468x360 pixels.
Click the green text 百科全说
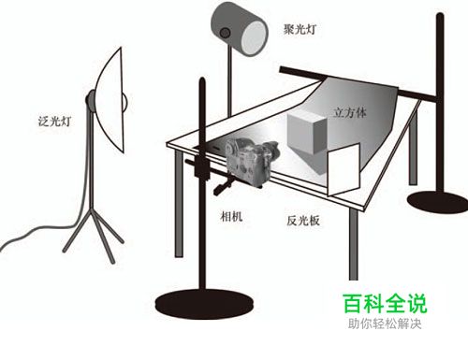[383, 304]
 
